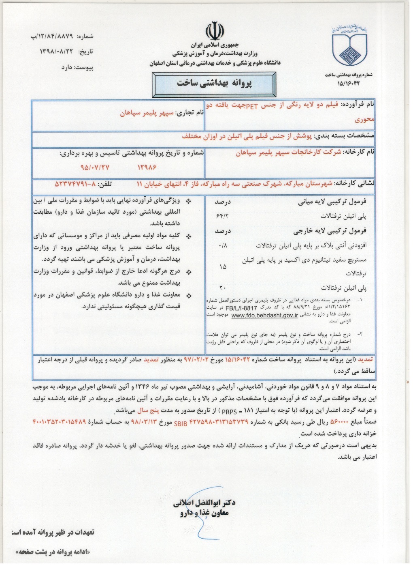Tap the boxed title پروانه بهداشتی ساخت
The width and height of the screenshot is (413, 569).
(214, 84)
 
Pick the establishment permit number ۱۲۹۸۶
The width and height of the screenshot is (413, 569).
(147, 167)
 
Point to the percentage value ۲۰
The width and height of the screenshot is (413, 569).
(222, 288)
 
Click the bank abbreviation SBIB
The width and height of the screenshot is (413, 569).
(181, 423)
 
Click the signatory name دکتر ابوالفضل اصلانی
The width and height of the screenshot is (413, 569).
(204, 503)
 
